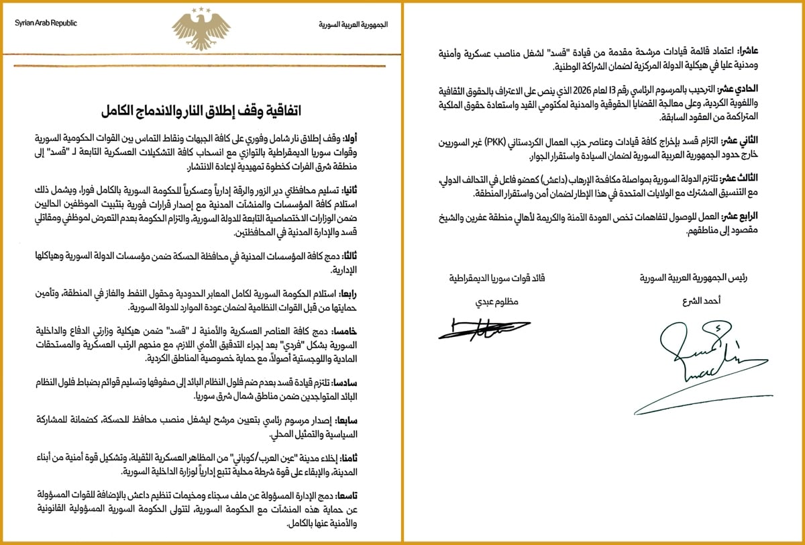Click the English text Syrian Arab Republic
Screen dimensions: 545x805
click(46, 23)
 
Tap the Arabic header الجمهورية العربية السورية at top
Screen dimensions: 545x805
click(353, 24)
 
